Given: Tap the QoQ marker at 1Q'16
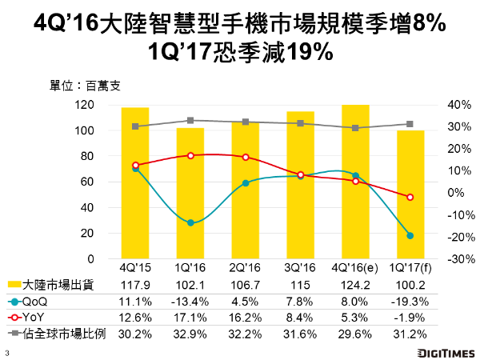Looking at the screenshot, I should point(190,222).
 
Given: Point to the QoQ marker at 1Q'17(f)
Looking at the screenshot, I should point(410,235).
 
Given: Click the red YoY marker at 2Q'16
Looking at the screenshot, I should point(246,158).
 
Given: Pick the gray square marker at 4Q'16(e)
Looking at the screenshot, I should point(355,128).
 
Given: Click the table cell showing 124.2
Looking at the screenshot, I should point(355,286).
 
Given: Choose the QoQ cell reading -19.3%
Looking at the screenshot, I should point(410,302).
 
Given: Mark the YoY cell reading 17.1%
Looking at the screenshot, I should point(190,317).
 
